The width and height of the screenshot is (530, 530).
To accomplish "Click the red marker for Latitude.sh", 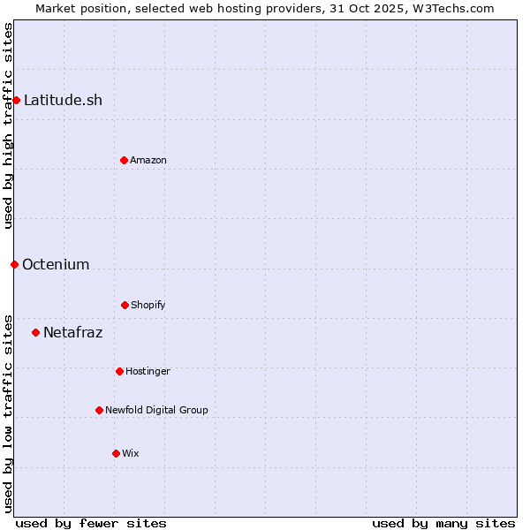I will pos(16,100).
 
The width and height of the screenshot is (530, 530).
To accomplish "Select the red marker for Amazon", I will pos(124,160).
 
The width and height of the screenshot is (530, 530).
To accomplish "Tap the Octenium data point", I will pos(14,264).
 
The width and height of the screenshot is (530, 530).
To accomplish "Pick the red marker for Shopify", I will pos(125,305).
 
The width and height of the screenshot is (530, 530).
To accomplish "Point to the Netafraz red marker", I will pos(35,332).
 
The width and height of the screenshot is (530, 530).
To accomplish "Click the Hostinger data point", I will pos(119,371).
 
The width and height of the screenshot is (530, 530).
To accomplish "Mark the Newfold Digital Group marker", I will pos(99,410).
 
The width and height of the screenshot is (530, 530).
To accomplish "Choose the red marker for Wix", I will pos(116,453).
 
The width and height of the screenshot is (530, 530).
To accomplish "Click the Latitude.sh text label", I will pos(63,100).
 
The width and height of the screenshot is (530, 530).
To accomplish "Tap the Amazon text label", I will pos(148,160).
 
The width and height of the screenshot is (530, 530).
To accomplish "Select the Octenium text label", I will pos(56,264).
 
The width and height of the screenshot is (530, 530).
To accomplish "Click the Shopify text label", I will pos(148,305).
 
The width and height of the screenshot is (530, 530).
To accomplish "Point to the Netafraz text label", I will pos(72,332).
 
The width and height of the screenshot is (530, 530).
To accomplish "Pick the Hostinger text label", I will pos(148,371).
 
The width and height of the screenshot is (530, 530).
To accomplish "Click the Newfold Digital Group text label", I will pos(156,410).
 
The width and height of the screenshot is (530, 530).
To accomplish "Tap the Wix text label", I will pos(131,453).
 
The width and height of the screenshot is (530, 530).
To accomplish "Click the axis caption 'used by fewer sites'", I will pos(91,523).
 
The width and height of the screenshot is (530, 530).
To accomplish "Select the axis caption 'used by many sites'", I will pos(443,523).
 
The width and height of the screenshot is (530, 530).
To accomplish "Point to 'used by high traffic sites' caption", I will pos(8,125).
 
